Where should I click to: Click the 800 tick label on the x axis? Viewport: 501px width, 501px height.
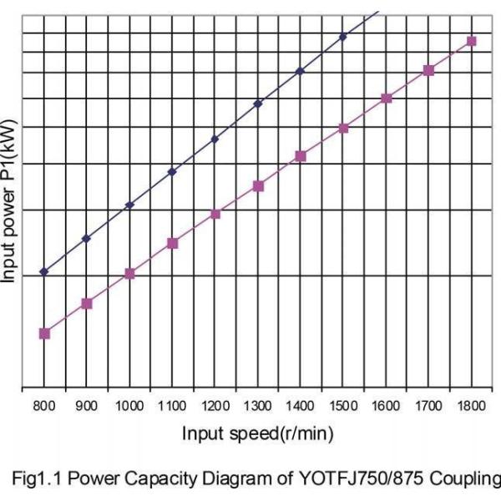click(x=44, y=406)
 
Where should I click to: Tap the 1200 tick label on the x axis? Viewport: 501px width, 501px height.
click(x=215, y=406)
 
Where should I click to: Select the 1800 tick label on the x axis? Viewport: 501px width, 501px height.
click(x=471, y=406)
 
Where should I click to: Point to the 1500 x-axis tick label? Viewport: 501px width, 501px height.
click(x=343, y=406)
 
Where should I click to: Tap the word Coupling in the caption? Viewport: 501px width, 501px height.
click(x=465, y=479)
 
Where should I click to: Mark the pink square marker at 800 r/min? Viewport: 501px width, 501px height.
click(x=45, y=333)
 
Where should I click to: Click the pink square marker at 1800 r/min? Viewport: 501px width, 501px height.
click(x=471, y=41)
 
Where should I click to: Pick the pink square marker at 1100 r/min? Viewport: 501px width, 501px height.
click(x=173, y=243)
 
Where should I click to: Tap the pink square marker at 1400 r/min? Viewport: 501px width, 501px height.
click(x=301, y=156)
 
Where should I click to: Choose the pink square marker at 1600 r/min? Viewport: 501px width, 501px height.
click(x=387, y=99)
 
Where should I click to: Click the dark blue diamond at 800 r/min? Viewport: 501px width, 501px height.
click(x=44, y=271)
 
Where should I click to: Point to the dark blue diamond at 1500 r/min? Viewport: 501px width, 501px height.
click(x=343, y=37)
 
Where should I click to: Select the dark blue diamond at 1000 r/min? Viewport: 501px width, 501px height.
click(x=129, y=205)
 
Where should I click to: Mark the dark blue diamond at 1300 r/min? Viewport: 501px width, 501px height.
click(x=258, y=104)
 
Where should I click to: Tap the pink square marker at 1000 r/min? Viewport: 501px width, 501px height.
click(x=129, y=273)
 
